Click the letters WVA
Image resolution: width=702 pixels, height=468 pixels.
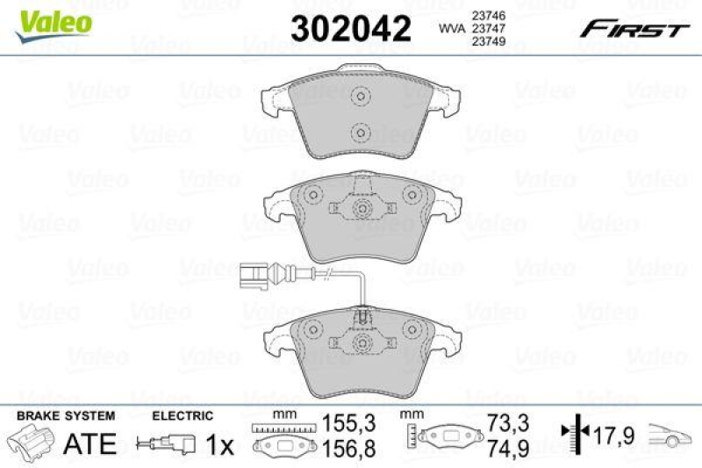(452, 29)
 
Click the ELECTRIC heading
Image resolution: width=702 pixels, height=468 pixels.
(183, 415)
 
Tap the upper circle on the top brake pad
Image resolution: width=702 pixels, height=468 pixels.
(358, 97)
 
